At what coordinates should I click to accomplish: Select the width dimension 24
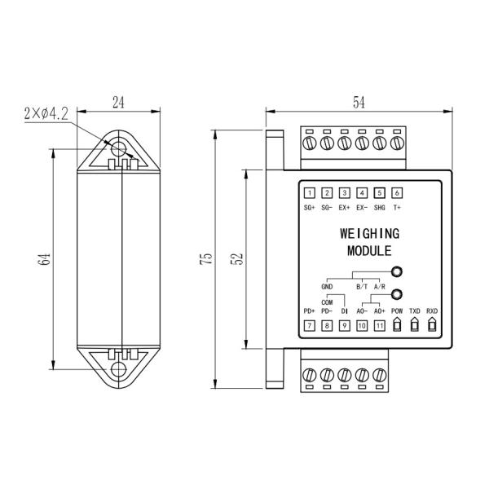click(119, 104)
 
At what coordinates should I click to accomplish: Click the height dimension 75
click(209, 258)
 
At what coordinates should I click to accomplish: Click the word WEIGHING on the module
click(368, 234)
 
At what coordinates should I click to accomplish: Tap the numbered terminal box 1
click(310, 193)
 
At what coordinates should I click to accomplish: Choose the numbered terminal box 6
click(397, 193)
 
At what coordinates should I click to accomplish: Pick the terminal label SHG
click(379, 209)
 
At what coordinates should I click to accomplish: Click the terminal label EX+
click(345, 209)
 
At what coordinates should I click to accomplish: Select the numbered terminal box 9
click(345, 326)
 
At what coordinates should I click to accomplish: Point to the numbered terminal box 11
click(379, 326)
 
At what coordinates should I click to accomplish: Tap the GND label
click(328, 287)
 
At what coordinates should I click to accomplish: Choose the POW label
click(397, 311)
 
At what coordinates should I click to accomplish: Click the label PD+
click(310, 311)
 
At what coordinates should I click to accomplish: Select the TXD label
click(415, 311)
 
